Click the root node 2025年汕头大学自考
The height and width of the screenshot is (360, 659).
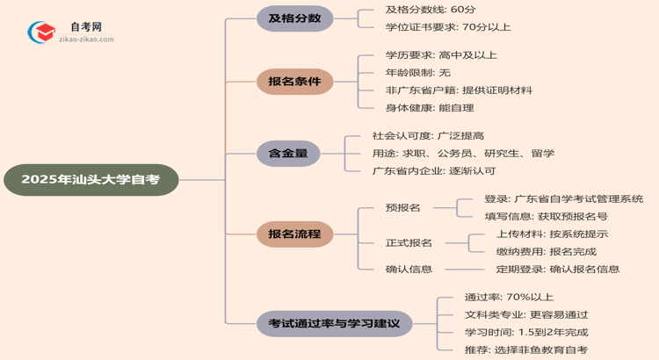(91, 180)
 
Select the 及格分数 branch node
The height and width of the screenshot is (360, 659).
(294, 18)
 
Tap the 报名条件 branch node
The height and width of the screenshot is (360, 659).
(294, 82)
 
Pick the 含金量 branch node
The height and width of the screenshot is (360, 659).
(288, 154)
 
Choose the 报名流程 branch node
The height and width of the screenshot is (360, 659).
(294, 233)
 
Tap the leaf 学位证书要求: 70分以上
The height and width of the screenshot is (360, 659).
(447, 27)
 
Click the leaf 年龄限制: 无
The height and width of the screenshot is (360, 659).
(417, 72)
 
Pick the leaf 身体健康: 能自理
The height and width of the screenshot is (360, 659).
(429, 107)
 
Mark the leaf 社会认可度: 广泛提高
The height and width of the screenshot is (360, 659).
(428, 136)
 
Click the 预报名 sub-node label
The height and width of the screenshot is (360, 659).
(402, 207)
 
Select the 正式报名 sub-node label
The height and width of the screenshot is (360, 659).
(409, 242)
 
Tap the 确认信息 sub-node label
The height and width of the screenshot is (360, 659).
(409, 269)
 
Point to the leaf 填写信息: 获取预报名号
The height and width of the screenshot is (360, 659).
(546, 216)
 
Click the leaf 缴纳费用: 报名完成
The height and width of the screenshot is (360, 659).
(546, 251)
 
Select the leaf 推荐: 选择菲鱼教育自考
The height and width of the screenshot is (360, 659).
(526, 349)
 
